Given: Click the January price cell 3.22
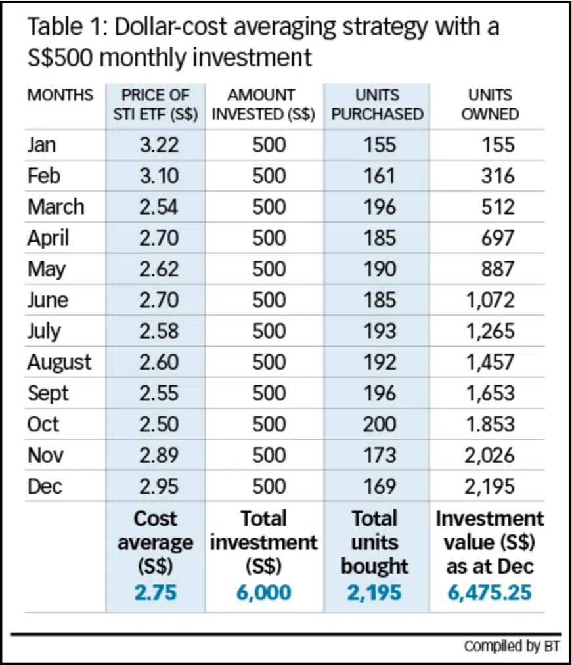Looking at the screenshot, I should pos(158,145).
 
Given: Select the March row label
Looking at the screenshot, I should pos(56,207).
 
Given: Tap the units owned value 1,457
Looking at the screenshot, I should pos(490,362).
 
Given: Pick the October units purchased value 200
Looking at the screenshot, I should pos(380,424).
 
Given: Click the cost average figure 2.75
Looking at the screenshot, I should pos(156,592).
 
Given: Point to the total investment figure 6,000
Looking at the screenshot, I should pos(263,592).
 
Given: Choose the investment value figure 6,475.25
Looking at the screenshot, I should pos(490,592).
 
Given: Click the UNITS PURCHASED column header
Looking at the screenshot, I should pos(377,105).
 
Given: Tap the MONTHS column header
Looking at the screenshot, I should pos(60,96).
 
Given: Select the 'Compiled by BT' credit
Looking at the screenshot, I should pos(512,647).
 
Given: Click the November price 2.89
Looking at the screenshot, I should pos(158,456).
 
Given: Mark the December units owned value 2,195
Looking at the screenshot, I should pos(490,486).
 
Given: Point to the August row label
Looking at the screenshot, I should pos(59,362).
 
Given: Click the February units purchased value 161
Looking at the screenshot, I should pos(380,176).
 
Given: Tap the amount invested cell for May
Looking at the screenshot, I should pos(269,269).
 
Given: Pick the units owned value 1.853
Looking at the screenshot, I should pos(490,424).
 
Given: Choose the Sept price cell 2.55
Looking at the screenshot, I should pos(158,393).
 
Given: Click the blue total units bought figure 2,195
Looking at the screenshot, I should pos(374,592).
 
